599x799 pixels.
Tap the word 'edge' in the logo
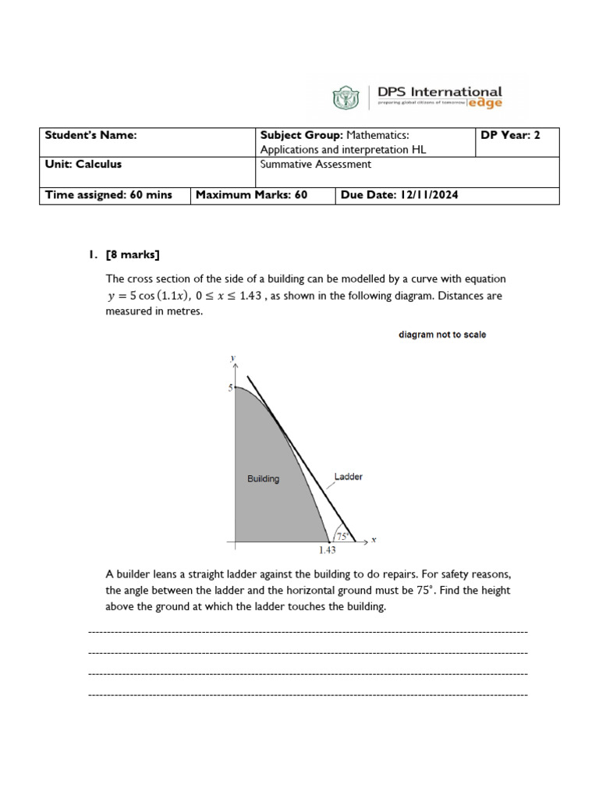pos(485,103)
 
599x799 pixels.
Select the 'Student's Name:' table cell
pos(90,135)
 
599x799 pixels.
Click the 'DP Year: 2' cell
pos(510,135)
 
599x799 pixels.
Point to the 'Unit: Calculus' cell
pos(83,165)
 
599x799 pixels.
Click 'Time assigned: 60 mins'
pos(108,194)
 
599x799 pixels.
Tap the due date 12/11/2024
pos(428,194)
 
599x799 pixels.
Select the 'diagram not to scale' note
pos(442,335)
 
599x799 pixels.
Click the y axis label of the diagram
pos(232,358)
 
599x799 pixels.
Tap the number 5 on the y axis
pos(230,388)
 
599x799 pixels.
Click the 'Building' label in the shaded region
pos(263,479)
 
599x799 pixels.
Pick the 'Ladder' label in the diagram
pos(348,477)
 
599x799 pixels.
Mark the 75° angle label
pos(342,536)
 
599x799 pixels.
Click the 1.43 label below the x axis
pos(328,551)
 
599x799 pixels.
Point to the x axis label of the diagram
pos(374,540)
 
